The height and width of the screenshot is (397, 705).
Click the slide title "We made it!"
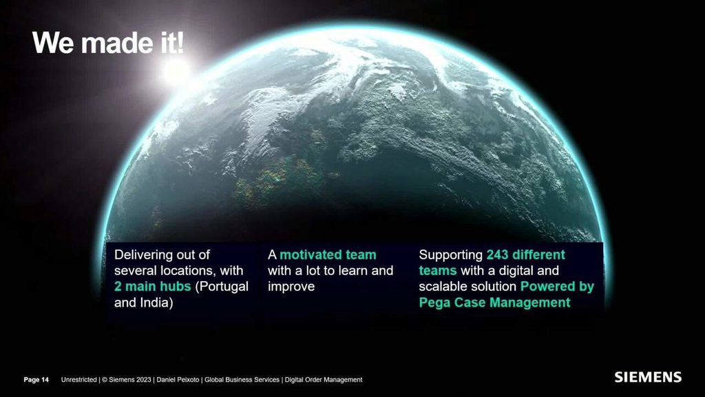pos(108,43)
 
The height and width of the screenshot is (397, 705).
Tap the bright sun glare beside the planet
pos(176,72)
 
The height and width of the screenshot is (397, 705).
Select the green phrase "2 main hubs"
pos(152,286)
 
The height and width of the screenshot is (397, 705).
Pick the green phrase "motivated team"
pos(328,255)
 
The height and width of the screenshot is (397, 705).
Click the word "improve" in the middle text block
pos(291,287)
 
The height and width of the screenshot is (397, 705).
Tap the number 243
pos(497,255)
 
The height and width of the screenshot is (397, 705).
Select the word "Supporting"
pos(450,255)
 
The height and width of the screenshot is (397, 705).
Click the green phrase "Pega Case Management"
pos(494,303)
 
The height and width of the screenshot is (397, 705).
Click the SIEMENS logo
pos(648,377)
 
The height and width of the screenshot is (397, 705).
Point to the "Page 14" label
pos(36,380)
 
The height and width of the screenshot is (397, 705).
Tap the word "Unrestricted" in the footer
pos(78,380)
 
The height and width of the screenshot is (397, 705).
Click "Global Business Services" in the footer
pos(242,380)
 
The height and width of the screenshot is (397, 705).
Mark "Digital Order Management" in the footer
pos(324,380)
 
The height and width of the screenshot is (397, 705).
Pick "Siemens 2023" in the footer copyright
pos(130,380)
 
